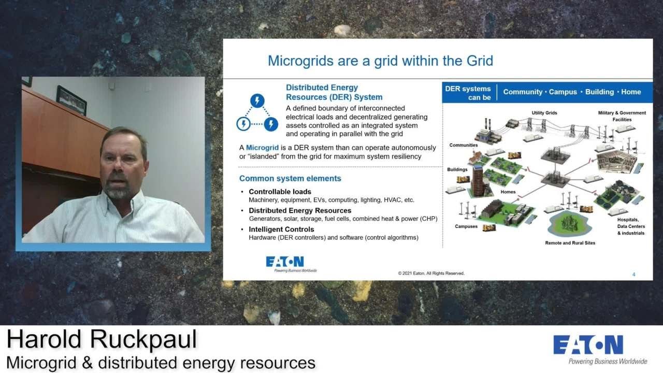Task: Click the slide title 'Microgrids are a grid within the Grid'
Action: [x=380, y=61]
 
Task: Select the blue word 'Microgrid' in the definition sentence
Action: [x=262, y=148]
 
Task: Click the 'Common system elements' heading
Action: [x=290, y=179]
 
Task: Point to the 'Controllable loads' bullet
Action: [x=280, y=192]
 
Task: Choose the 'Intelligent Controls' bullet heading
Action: [x=281, y=229]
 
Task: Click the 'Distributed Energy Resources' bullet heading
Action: [x=300, y=210]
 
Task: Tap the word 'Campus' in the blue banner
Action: [x=563, y=92]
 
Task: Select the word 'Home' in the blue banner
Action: [x=631, y=92]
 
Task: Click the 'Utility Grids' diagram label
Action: [x=544, y=113]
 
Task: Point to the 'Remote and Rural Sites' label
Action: [x=570, y=243]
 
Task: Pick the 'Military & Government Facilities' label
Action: [x=622, y=116]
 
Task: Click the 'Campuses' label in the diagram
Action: [x=466, y=226]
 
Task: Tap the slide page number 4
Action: [x=633, y=275]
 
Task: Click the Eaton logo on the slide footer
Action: [x=285, y=263]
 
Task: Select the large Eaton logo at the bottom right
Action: [x=588, y=346]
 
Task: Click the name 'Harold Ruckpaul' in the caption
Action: [x=102, y=340]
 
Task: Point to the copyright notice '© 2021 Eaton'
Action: [x=431, y=273]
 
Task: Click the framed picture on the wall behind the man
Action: [x=71, y=99]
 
